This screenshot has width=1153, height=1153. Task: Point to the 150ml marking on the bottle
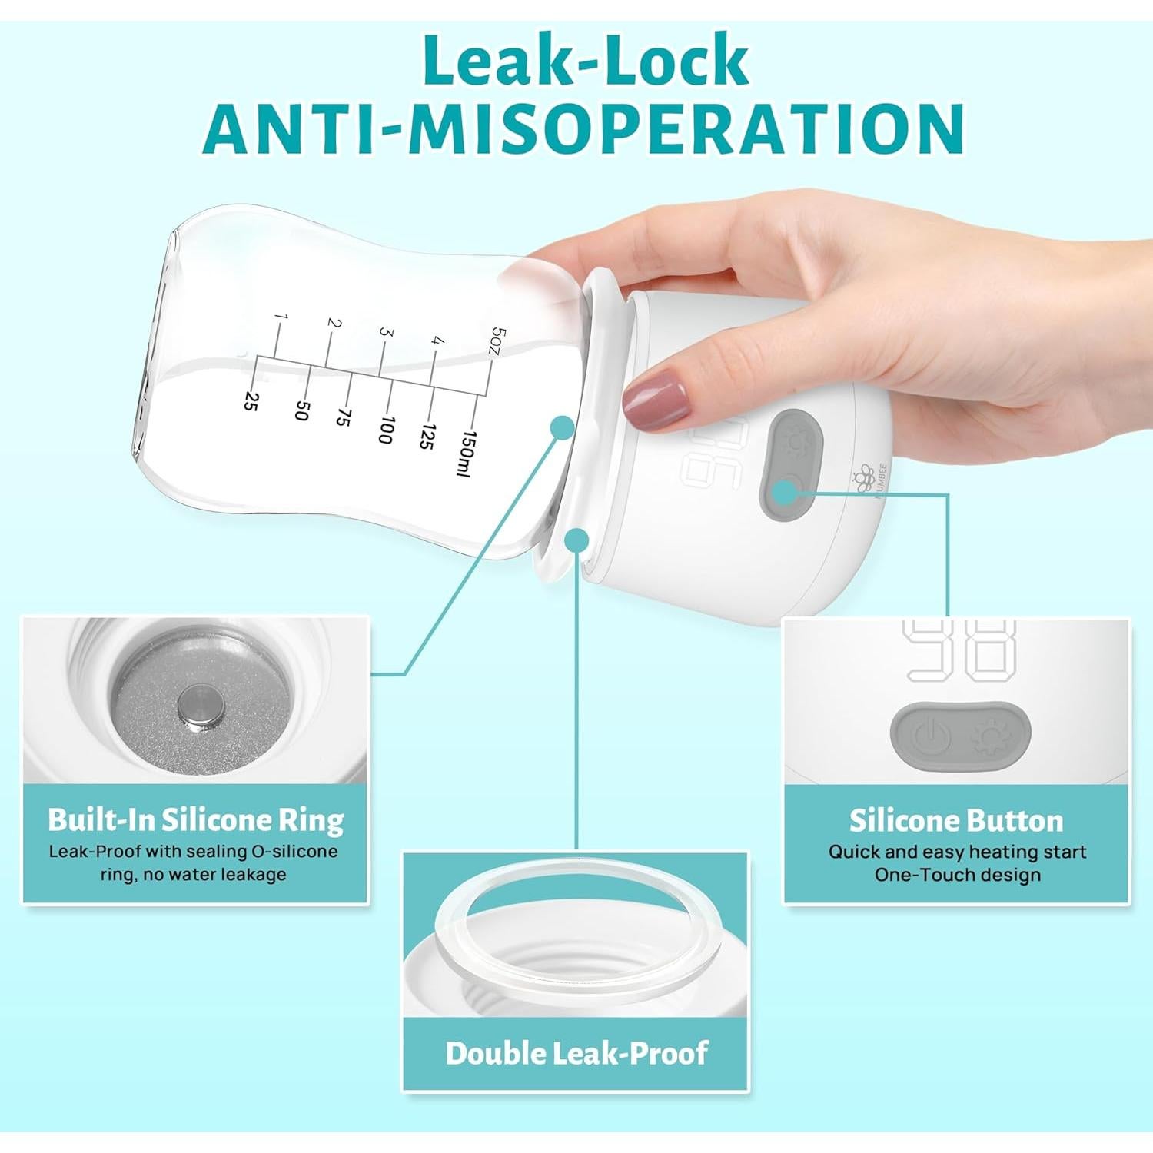467,454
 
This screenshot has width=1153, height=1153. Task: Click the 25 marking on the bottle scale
250,400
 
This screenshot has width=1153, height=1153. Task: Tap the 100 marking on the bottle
386,430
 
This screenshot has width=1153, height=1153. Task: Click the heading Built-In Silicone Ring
195,820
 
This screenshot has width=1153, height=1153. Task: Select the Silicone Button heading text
956,821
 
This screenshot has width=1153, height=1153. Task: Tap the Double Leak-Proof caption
576,1053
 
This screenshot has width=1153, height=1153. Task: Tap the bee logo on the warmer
866,478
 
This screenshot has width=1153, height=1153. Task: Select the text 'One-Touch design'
957,875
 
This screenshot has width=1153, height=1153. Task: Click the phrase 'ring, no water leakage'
193,875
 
